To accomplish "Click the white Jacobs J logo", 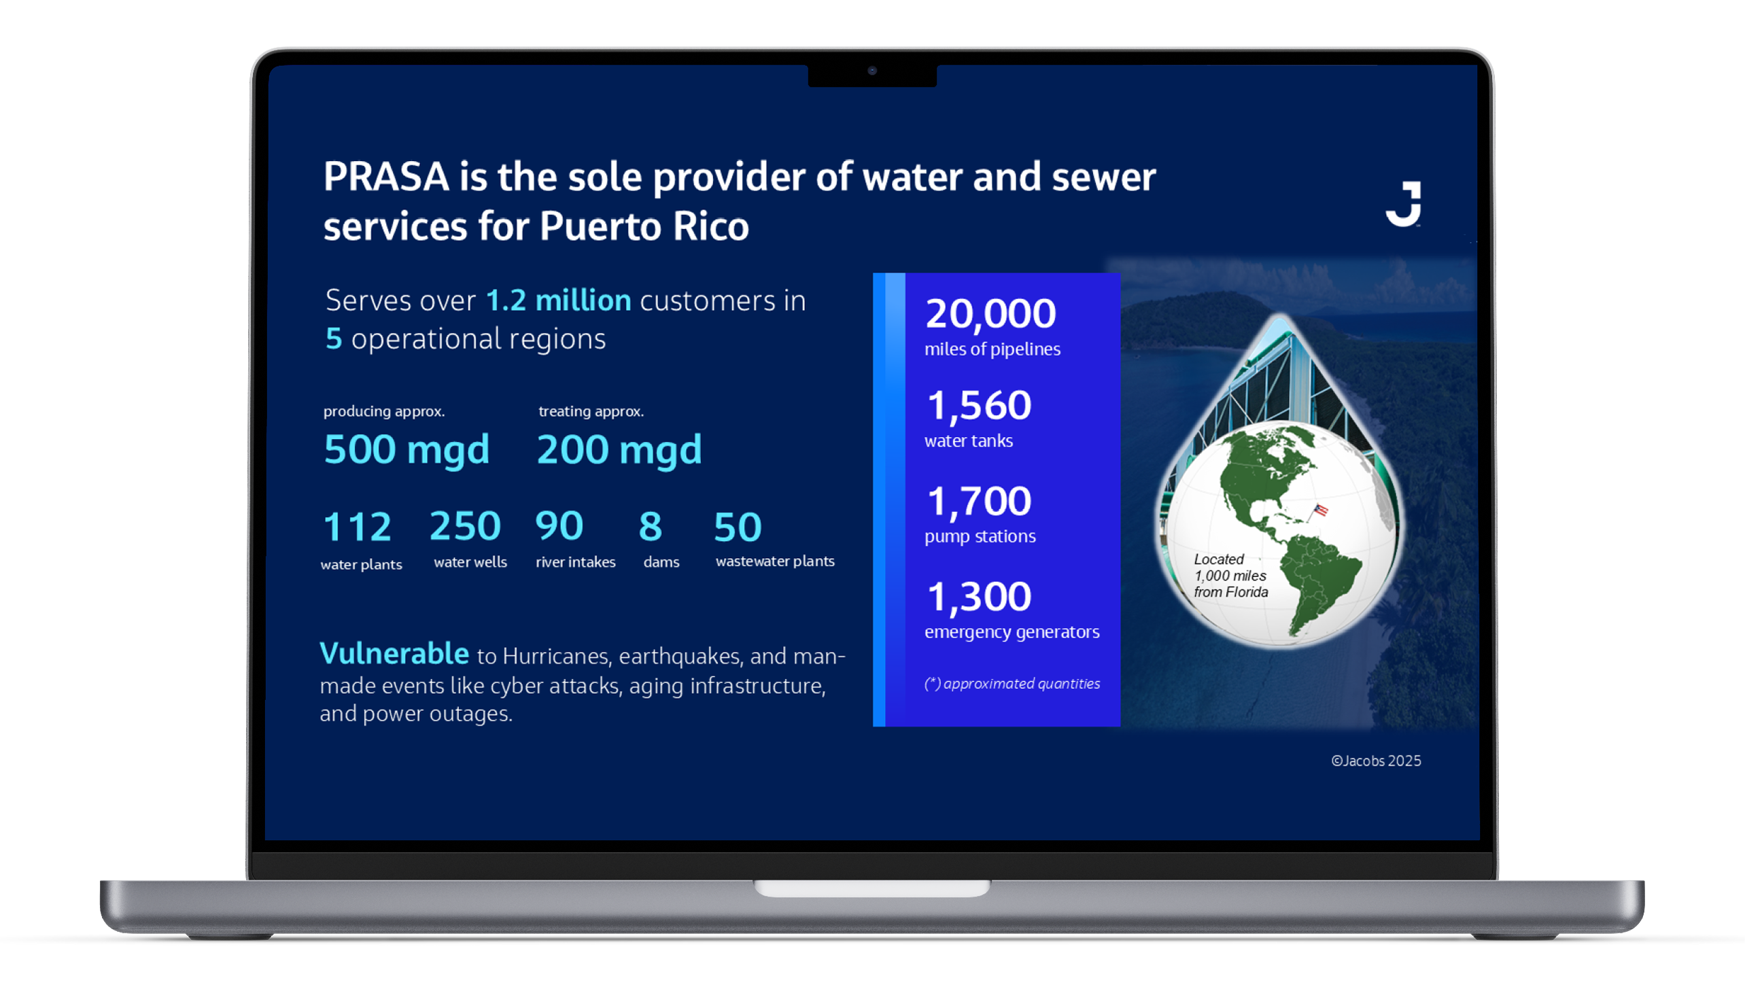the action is click(x=1404, y=203).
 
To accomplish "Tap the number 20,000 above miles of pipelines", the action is click(x=990, y=314).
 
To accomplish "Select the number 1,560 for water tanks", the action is click(x=980, y=406).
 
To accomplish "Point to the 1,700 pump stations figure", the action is click(x=980, y=501).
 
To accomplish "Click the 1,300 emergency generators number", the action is click(x=980, y=596).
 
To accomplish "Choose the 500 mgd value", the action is click(x=407, y=450).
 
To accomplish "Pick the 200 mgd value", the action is click(x=619, y=450).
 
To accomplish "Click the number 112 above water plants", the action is click(x=358, y=527).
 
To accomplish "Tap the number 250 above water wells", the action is click(x=466, y=526).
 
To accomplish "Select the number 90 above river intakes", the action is click(x=559, y=526).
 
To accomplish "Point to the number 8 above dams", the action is click(x=651, y=526).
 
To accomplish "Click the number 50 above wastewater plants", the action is click(x=738, y=527).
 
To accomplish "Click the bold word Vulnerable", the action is click(x=394, y=653).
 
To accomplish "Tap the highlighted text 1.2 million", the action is click(x=559, y=300).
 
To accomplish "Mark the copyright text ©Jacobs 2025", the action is click(x=1376, y=761).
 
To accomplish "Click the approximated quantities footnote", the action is click(x=1012, y=683).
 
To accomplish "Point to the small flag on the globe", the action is click(x=1320, y=510).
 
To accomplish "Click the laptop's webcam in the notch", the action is click(x=871, y=70).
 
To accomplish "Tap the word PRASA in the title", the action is click(x=386, y=177).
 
